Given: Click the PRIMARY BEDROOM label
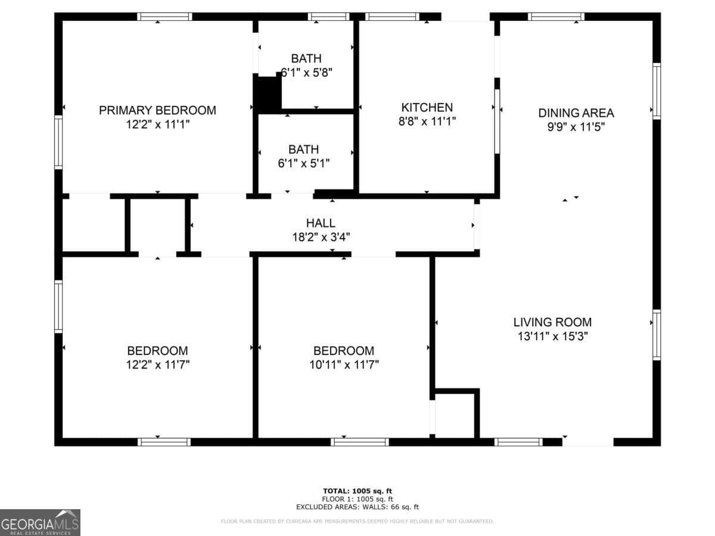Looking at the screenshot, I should pos(157,110).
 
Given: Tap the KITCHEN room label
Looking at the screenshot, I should pos(427,108).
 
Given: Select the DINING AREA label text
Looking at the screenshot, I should pos(576,113).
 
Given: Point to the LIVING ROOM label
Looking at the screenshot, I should pos(552,322).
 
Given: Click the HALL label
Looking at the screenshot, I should pos(321,223).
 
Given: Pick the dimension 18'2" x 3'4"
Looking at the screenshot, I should pos(321,236).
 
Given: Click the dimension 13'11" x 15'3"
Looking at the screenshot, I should pos(553,336).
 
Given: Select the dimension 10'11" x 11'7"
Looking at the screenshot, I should pos(344,364).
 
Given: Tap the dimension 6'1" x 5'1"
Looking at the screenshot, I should pos(303,163).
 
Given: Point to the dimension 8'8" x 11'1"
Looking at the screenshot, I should pos(427,121).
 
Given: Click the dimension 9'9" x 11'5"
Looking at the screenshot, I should pos(576,126).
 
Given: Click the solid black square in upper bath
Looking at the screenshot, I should pos(268,93).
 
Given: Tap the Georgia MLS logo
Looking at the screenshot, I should pos(40,522).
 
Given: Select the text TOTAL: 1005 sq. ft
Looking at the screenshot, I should pos(357,491).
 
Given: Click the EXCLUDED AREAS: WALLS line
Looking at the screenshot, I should pos(357,507).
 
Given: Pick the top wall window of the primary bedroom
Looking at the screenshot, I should pos(164,17).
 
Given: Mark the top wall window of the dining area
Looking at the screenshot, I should pos(556,17).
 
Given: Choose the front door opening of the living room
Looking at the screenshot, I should pos(587,441).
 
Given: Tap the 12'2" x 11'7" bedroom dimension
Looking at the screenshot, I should pos(157,364).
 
